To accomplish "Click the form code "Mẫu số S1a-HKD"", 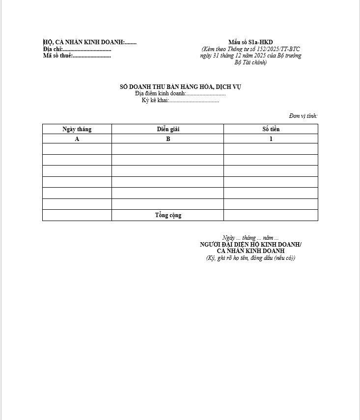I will [250, 42].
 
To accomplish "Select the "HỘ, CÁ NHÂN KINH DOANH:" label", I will [83, 42].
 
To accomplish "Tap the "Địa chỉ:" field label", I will [53, 49].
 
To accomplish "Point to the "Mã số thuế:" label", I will [58, 56].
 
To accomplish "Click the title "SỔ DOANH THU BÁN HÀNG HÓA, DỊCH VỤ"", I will [180, 87].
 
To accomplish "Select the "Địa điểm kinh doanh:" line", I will [180, 93].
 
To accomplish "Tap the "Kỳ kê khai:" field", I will [180, 100].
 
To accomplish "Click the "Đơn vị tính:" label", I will [303, 116].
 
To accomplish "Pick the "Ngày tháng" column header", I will [77, 129].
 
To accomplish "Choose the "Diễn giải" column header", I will [168, 129].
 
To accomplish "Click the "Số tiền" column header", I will [271, 129].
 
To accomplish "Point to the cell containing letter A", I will [77, 139].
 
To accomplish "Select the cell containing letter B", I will [168, 139].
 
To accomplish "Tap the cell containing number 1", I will [271, 139].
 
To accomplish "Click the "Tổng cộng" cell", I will [168, 215].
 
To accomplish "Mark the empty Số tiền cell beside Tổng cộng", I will [271, 215].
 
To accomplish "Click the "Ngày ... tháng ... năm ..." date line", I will [250, 238].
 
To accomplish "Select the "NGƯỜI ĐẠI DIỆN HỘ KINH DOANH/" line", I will [250, 245].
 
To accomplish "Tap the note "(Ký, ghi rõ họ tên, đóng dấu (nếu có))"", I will [250, 258].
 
